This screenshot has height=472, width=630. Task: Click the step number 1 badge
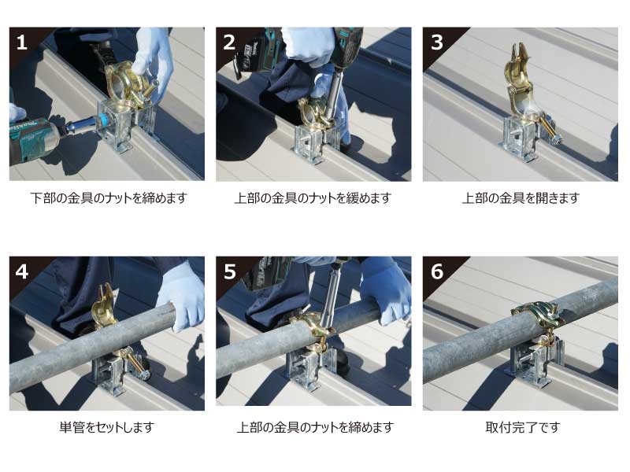click(22, 42)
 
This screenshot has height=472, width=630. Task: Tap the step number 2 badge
click(229, 42)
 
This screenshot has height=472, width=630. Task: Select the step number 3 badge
click(437, 42)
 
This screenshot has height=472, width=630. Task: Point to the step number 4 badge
click(22, 271)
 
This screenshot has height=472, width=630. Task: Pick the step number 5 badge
click(229, 271)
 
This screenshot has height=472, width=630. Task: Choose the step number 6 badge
click(437, 271)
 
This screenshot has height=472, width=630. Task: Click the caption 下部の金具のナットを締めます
click(109, 198)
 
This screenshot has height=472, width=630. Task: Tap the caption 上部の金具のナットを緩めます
click(313, 198)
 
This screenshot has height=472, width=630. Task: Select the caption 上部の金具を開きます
click(521, 198)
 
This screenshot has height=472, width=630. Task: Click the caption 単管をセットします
click(107, 427)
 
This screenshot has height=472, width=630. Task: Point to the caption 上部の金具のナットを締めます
click(315, 427)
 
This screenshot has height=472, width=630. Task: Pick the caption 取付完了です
click(522, 427)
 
